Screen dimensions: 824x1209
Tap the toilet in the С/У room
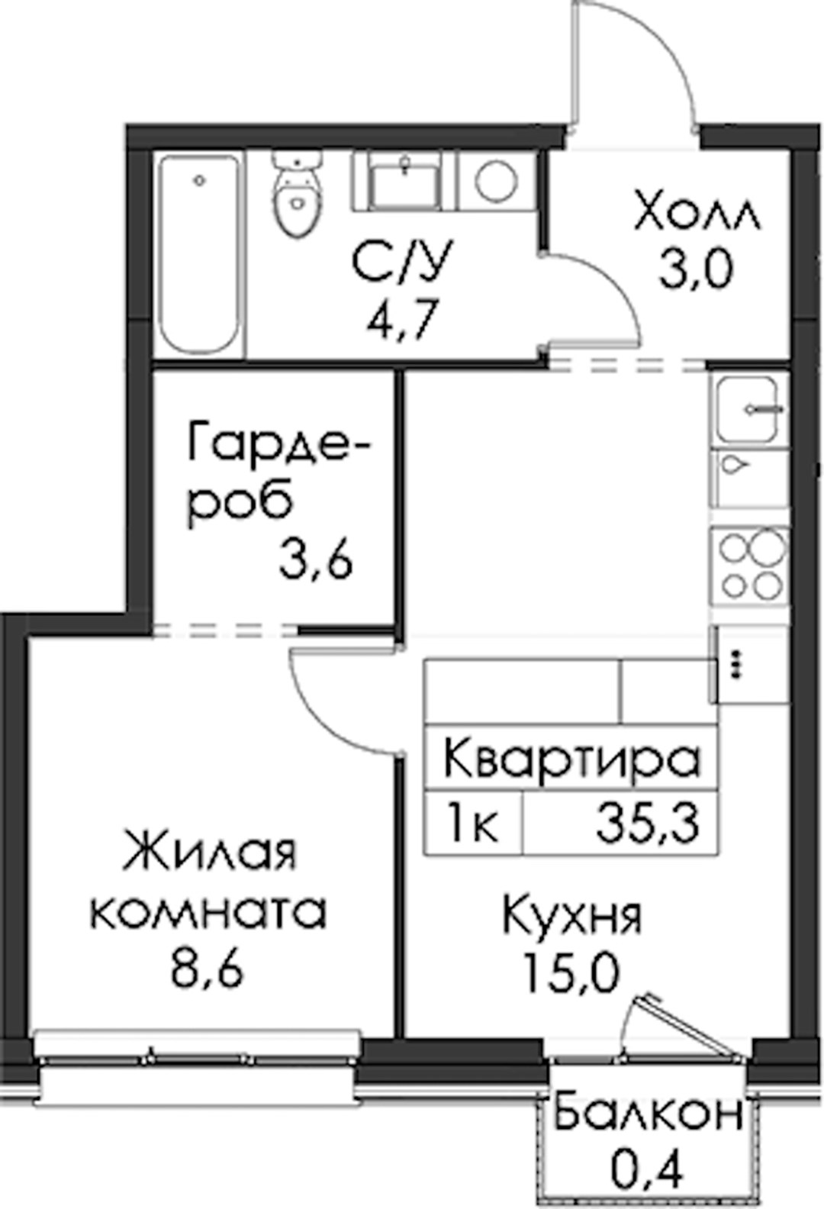[x=298, y=194]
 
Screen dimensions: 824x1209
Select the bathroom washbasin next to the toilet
[x=404, y=182]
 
